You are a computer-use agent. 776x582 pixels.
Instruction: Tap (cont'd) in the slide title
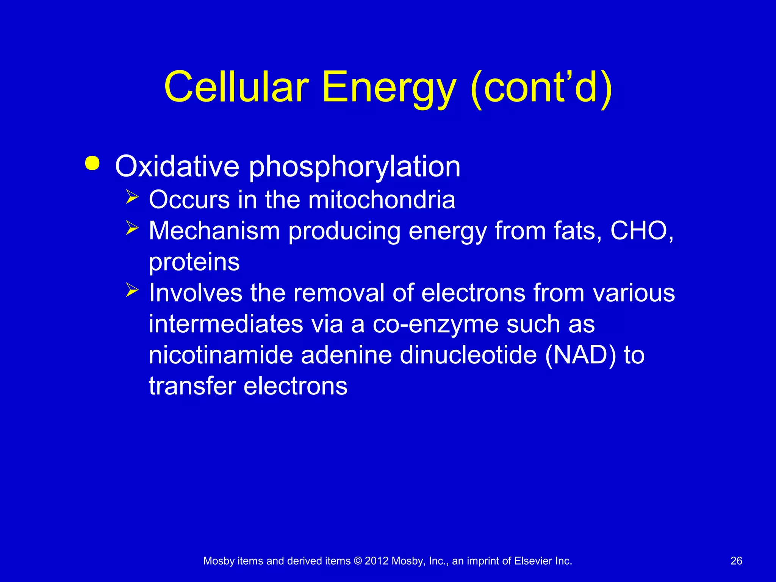pos(541,88)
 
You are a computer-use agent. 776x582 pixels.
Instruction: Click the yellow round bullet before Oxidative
pos(92,163)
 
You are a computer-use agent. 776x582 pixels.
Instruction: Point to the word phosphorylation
pos(354,167)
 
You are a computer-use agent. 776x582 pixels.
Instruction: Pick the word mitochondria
pos(382,199)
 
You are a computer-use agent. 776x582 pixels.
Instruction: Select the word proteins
pos(194,262)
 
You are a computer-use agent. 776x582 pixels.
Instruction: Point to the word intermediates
pos(226,324)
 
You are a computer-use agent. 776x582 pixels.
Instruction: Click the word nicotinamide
pos(221,355)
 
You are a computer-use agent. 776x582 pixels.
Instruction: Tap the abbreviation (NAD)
pos(580,355)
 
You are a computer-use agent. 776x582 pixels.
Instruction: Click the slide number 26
pos(736,561)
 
